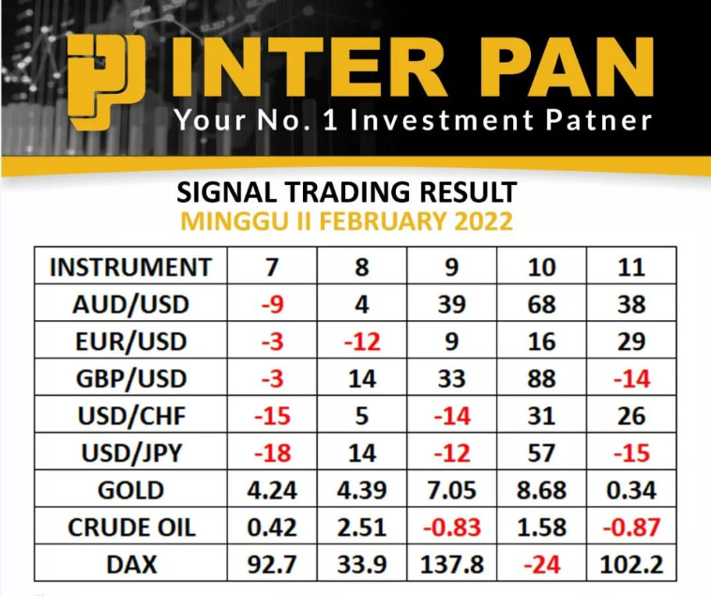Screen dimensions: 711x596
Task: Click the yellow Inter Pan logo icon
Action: (107, 83)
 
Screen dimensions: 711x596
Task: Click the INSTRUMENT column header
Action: (130, 267)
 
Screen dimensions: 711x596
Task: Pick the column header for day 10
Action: (541, 267)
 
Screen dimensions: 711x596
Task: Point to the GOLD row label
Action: (130, 490)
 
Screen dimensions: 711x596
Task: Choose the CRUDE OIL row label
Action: (131, 527)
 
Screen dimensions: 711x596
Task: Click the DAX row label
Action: (131, 565)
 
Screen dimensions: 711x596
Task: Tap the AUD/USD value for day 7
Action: (272, 304)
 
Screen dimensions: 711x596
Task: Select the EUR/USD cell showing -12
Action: (362, 342)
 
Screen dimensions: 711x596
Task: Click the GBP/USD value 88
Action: (541, 379)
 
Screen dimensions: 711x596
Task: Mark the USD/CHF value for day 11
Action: (631, 416)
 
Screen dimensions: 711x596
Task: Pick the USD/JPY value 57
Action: (541, 453)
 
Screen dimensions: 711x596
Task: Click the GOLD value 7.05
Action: (451, 490)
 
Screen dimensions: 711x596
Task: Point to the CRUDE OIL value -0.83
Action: (451, 527)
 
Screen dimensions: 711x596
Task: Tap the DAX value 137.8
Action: (451, 565)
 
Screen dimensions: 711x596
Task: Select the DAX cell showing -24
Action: (541, 565)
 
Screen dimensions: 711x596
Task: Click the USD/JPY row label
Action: (131, 453)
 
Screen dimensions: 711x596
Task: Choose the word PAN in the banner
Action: (569, 68)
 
